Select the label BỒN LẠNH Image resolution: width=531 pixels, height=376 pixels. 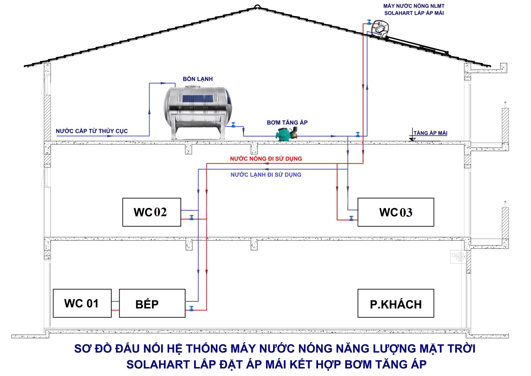click(x=198, y=79)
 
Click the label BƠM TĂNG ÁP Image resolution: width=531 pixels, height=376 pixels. click(x=287, y=122)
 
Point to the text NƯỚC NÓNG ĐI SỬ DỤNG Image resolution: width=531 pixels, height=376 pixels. click(x=266, y=158)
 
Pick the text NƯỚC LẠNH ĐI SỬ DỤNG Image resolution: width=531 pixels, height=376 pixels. click(x=266, y=175)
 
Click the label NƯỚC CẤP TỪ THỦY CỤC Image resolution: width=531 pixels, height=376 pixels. click(x=92, y=131)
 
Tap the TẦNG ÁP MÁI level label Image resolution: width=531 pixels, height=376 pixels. click(x=430, y=133)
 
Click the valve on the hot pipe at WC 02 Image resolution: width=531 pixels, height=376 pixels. click(x=192, y=218)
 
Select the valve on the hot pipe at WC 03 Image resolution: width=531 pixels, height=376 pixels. click(x=352, y=218)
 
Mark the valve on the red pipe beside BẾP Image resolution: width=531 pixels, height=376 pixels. click(x=192, y=308)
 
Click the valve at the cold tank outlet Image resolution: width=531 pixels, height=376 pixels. click(x=233, y=125)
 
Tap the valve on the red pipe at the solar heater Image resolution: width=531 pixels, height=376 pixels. click(x=369, y=22)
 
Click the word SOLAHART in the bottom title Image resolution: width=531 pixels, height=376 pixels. click(x=153, y=365)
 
